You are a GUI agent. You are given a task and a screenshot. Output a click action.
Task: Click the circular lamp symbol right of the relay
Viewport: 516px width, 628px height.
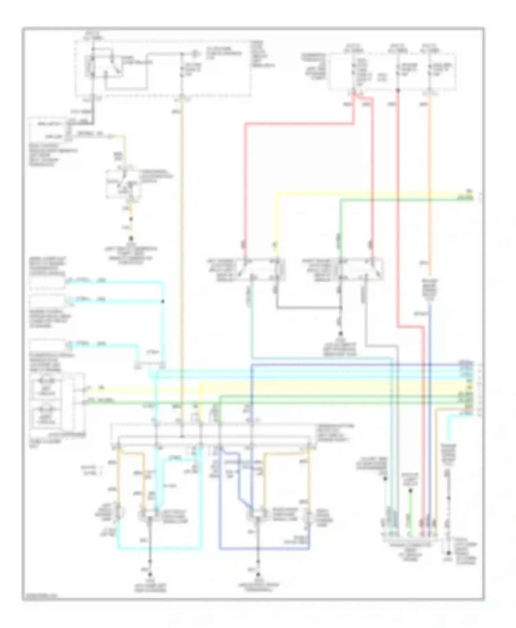tap(195, 54)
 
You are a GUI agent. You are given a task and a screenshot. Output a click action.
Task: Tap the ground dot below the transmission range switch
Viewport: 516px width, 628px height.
tap(131, 238)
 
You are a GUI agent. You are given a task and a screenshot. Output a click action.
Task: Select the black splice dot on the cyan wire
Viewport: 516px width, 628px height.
tap(163, 302)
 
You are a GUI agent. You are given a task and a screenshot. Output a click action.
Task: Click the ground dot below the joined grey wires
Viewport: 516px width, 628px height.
tap(341, 333)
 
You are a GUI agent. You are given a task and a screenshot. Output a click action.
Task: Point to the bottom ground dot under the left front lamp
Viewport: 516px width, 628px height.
tap(150, 574)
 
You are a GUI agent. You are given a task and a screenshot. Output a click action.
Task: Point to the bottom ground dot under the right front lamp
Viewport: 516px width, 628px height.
tap(258, 574)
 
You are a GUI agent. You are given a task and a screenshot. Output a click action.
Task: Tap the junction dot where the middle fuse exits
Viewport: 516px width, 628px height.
tap(398, 90)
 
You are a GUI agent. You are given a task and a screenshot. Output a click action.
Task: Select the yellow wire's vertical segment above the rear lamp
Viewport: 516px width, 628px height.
tap(276, 223)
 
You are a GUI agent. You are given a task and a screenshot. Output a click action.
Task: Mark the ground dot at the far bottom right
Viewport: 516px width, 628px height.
tap(448, 553)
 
